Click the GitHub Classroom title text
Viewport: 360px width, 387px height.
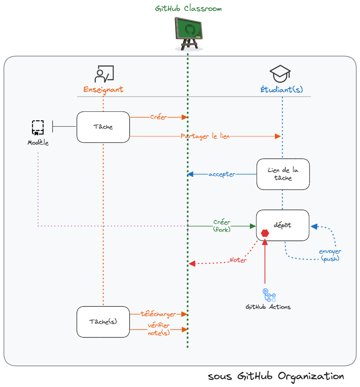point(188,9)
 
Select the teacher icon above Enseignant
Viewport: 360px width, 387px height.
point(104,74)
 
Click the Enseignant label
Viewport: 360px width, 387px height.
point(103,90)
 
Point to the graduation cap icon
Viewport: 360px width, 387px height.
point(280,73)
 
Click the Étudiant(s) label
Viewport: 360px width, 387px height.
point(282,90)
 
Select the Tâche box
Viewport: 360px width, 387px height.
point(103,127)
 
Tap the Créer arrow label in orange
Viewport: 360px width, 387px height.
point(159,117)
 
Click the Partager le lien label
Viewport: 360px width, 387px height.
point(205,136)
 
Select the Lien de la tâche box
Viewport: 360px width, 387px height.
point(283,174)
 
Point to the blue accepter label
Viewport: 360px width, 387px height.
point(221,174)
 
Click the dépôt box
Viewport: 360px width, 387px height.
point(283,226)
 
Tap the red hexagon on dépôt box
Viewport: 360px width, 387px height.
point(265,233)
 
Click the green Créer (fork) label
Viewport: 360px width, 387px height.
point(221,226)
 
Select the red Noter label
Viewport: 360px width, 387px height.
point(238,260)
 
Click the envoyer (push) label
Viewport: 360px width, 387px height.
point(330,255)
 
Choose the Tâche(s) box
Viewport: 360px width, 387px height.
point(103,322)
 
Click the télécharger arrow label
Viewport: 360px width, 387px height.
point(158,314)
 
